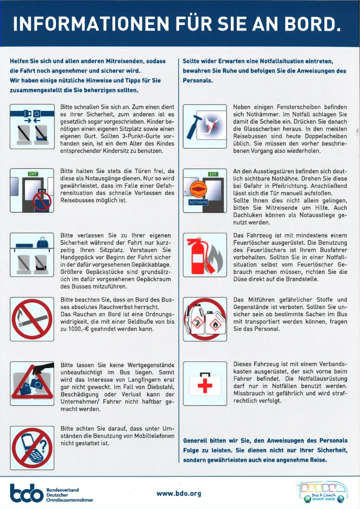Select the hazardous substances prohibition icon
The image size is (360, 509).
click(x=203, y=320)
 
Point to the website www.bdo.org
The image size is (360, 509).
click(x=179, y=493)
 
